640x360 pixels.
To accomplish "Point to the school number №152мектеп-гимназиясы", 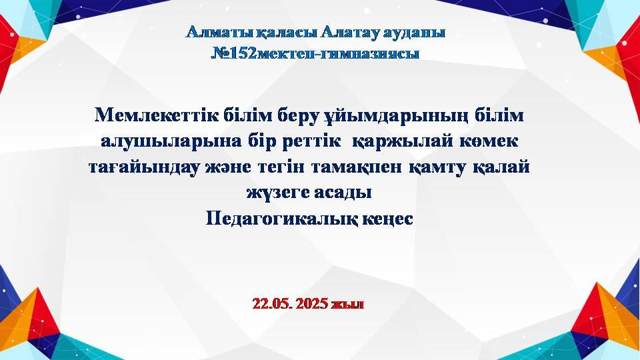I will [315, 53].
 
